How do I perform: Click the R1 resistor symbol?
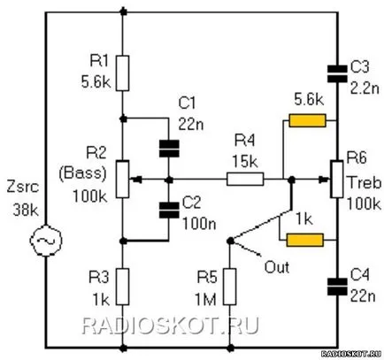[x=122, y=73]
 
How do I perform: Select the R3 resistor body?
[x=122, y=287]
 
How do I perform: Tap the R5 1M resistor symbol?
[x=229, y=287]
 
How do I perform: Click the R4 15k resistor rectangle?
[x=245, y=179]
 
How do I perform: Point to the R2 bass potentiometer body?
[x=122, y=179]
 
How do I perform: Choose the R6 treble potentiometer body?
[x=337, y=179]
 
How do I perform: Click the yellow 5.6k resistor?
[x=307, y=120]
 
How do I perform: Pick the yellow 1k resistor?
[x=305, y=240]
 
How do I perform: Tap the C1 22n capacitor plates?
[x=169, y=149]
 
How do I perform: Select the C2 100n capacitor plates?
[x=169, y=210]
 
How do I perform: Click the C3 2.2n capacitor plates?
[x=337, y=73]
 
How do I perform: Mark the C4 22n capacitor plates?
[x=337, y=287]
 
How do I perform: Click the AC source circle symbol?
[x=46, y=241]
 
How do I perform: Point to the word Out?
[x=276, y=267]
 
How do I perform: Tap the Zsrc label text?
[x=23, y=188]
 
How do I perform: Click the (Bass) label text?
[x=82, y=173]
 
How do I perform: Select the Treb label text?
[x=365, y=183]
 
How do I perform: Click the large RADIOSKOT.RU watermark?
[x=170, y=326]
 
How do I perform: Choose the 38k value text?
[x=26, y=211]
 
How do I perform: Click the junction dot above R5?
[x=230, y=241]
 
